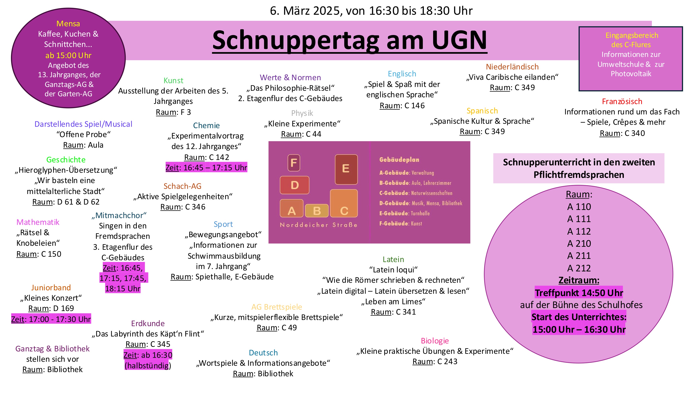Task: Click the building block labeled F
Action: pyautogui.click(x=294, y=163)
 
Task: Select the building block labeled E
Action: pyautogui.click(x=346, y=169)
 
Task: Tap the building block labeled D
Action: pyautogui.click(x=295, y=185)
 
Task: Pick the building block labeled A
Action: pyautogui.click(x=292, y=209)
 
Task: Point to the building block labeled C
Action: pyautogui.click(x=344, y=203)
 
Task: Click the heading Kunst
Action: pyautogui.click(x=173, y=80)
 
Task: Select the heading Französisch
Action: pyautogui.click(x=622, y=101)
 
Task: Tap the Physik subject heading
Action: pyautogui.click(x=302, y=113)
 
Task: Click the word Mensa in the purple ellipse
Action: pyautogui.click(x=68, y=24)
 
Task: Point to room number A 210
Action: pyautogui.click(x=579, y=244)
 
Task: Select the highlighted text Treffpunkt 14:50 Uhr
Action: pyautogui.click(x=579, y=293)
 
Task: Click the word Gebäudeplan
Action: pyautogui.click(x=399, y=160)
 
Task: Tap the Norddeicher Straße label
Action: pyautogui.click(x=318, y=225)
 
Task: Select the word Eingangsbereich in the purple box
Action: pyautogui.click(x=632, y=35)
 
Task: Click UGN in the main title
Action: pyautogui.click(x=459, y=40)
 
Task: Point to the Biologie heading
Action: pyautogui.click(x=435, y=341)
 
